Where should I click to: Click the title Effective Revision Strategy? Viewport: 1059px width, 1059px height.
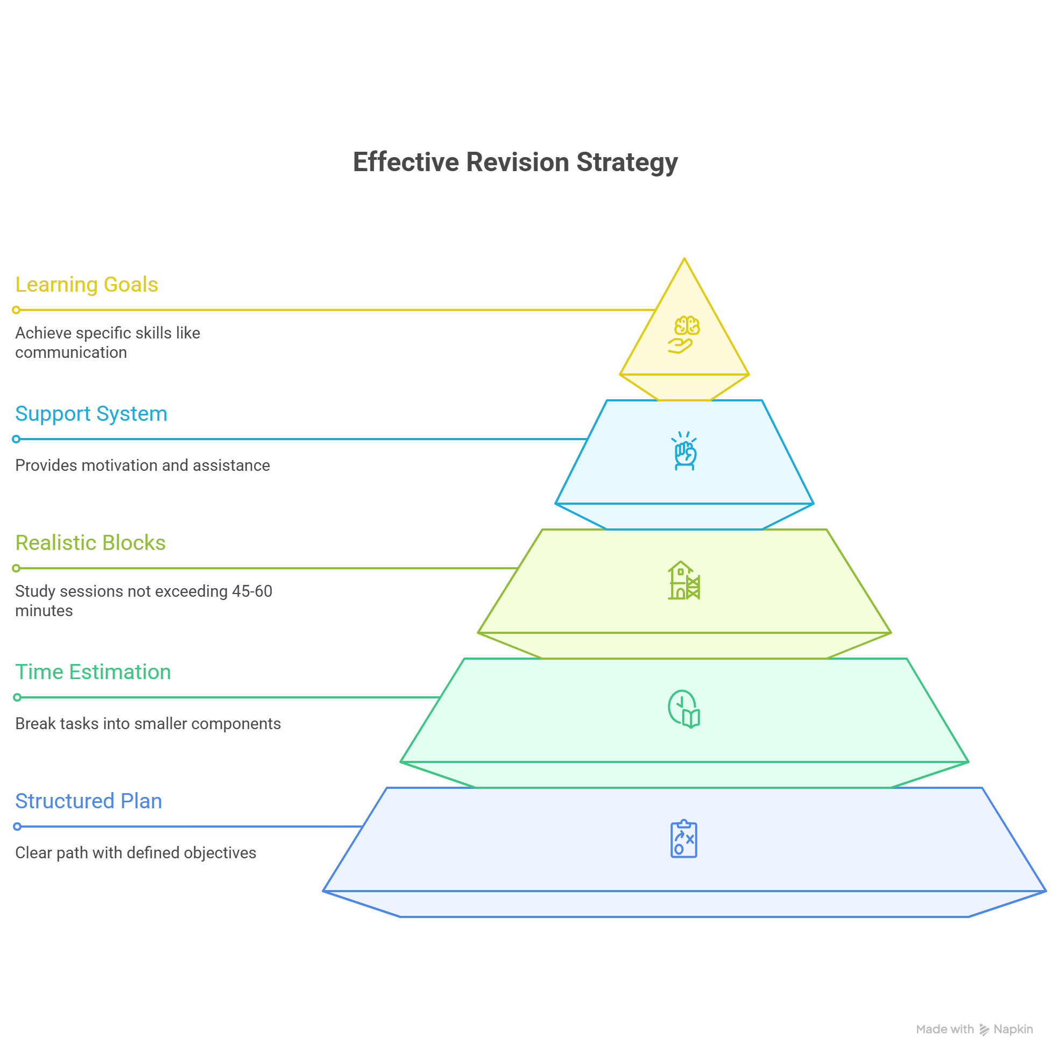click(516, 163)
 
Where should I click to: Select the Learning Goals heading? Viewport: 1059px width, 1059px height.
click(87, 285)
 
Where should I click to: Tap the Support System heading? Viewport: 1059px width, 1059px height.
click(91, 414)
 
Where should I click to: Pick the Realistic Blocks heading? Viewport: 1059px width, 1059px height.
click(90, 542)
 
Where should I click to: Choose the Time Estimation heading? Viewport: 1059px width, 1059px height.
click(93, 672)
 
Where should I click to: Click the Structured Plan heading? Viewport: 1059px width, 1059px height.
click(89, 801)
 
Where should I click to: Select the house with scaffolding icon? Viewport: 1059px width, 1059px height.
click(683, 581)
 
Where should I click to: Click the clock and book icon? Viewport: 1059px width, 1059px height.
click(683, 709)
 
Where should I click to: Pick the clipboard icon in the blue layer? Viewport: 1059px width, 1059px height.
click(683, 839)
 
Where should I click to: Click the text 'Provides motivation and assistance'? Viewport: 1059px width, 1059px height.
click(143, 465)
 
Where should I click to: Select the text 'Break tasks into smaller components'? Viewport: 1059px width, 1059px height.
click(148, 724)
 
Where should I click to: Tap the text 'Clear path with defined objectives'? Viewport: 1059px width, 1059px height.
click(136, 853)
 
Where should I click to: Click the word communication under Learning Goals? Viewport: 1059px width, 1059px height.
click(71, 352)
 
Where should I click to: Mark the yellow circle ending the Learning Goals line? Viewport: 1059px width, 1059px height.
click(17, 310)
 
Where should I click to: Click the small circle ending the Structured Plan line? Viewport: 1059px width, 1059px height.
click(17, 827)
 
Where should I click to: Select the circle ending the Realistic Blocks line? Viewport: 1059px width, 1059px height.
click(17, 568)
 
